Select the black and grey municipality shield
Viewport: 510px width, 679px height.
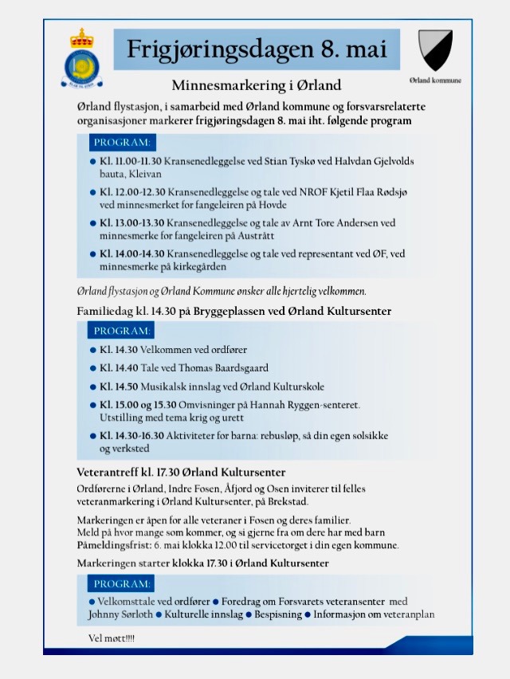tap(435, 50)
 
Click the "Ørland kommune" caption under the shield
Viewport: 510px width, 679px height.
tap(435, 80)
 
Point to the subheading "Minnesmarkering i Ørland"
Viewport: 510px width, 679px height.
tap(257, 85)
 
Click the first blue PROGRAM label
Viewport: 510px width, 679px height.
tap(122, 143)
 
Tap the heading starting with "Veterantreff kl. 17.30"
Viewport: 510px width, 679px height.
tap(181, 472)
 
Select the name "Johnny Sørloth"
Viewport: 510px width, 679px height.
tap(120, 614)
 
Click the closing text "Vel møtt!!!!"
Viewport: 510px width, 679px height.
tap(112, 639)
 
